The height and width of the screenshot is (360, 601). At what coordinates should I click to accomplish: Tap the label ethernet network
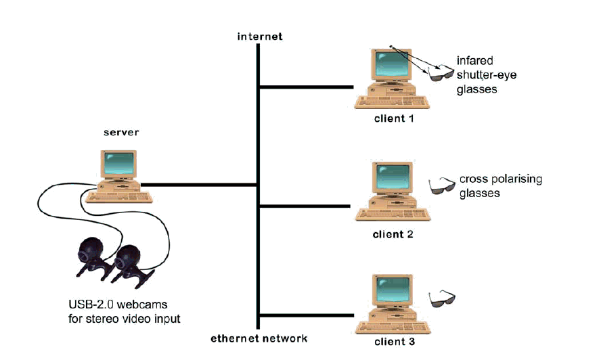258,338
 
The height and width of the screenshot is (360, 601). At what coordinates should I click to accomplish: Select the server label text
121,133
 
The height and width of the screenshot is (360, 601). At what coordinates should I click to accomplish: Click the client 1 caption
393,118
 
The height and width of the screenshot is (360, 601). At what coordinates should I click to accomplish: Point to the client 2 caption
393,234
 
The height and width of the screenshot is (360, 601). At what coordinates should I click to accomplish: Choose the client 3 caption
393,342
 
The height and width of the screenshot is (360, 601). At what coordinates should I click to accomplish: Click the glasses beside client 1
443,72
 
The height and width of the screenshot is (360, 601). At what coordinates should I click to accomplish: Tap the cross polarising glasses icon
443,185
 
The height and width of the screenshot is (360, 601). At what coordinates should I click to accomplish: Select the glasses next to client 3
443,298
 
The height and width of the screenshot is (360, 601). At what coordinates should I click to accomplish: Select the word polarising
518,180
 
